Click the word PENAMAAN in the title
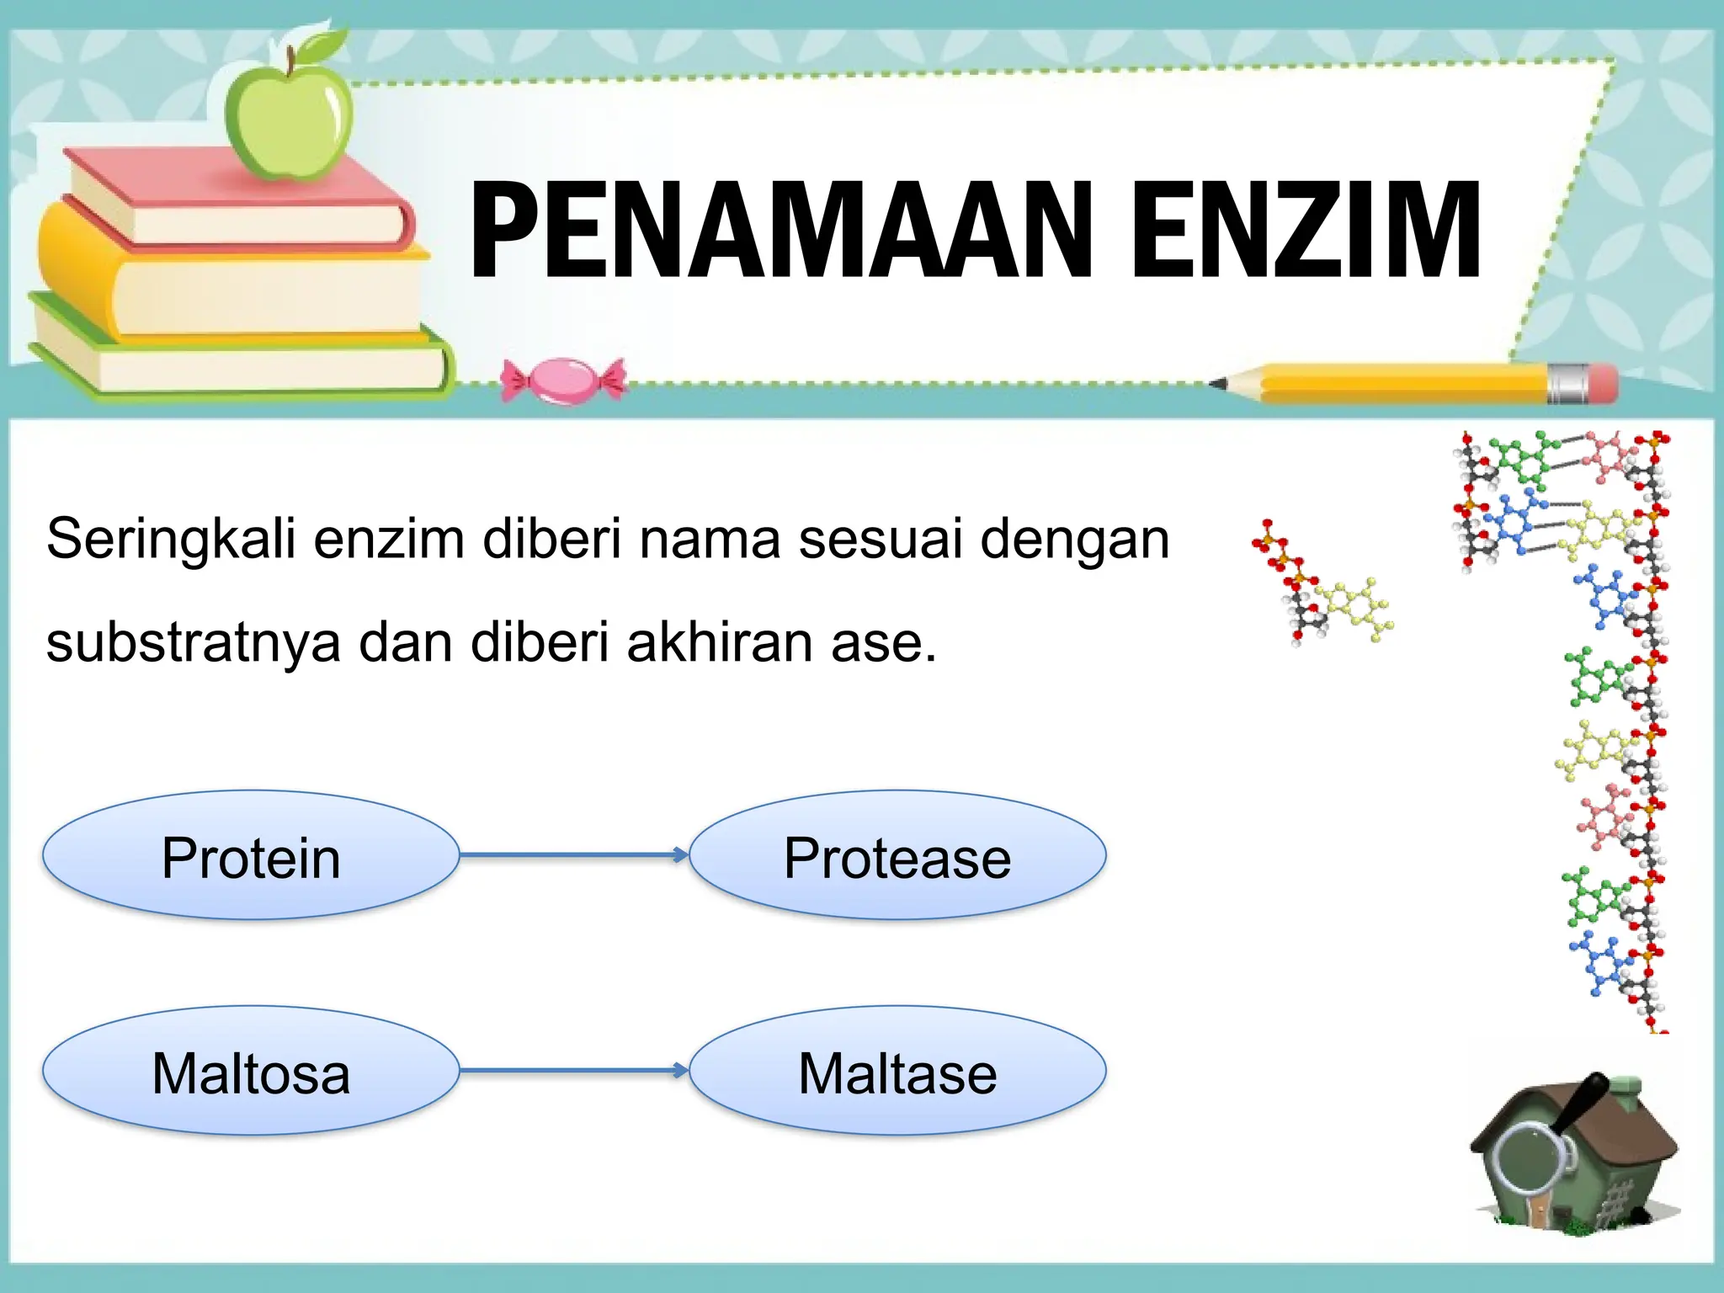[779, 231]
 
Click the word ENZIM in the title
[1305, 231]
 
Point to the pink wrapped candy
[563, 380]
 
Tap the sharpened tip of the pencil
[1219, 384]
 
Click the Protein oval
[251, 856]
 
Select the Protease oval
[897, 856]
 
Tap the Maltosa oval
[251, 1072]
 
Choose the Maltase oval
[897, 1072]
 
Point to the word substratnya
[194, 644]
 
